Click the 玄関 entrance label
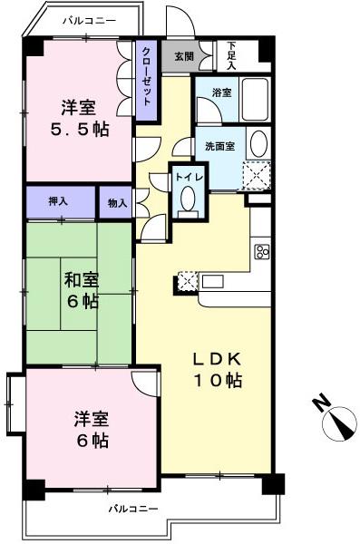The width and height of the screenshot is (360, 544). [183, 56]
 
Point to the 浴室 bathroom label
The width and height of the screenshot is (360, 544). [222, 92]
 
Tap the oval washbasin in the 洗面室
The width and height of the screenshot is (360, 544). [258, 145]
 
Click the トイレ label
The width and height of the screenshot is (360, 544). [188, 178]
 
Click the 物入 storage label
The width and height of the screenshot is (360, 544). [116, 203]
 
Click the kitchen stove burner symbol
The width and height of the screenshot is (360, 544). [262, 251]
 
